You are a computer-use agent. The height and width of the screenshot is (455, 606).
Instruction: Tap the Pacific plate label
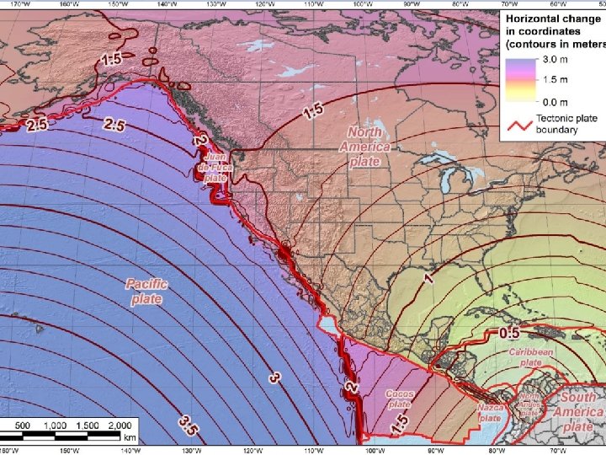click(146, 292)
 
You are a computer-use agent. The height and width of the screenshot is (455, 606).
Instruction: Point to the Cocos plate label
click(399, 399)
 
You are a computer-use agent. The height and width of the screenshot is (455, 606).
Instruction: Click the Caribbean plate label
click(530, 356)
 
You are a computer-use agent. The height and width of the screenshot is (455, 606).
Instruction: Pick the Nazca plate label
click(491, 412)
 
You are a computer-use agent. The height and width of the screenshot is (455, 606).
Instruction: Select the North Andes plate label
click(529, 404)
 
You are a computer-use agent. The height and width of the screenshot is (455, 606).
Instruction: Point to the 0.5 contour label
click(509, 333)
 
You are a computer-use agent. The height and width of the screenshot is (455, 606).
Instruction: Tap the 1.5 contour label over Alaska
click(111, 59)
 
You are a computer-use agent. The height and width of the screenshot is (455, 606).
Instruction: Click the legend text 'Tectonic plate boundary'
click(567, 124)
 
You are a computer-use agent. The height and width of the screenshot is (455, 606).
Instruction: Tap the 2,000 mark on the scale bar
click(120, 425)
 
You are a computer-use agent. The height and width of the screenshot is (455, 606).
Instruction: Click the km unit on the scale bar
click(130, 437)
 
